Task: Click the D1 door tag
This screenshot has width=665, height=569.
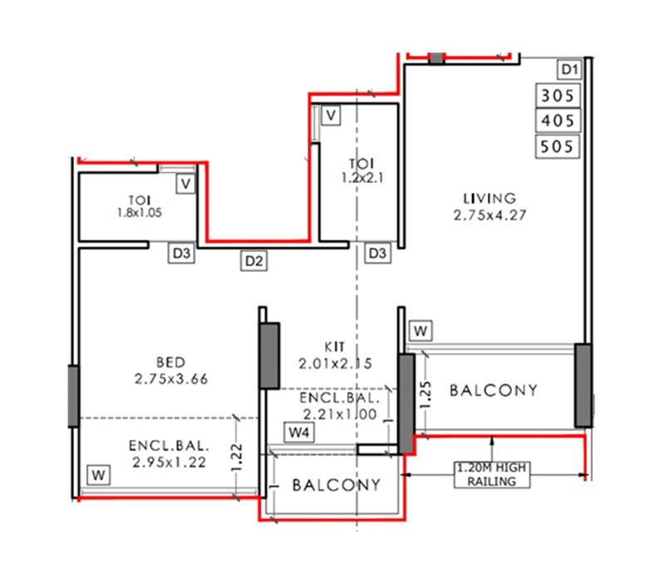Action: click(569, 69)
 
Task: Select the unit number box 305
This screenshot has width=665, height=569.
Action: click(557, 96)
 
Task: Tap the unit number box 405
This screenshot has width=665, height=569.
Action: click(557, 121)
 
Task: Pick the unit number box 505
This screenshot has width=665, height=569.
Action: click(557, 147)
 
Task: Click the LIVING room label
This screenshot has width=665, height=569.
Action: click(490, 198)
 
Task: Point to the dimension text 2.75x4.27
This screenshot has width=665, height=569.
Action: click(490, 215)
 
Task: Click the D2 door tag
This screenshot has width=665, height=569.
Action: click(254, 261)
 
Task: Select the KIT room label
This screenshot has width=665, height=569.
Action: click(336, 347)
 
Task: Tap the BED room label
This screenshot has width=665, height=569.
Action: click(170, 363)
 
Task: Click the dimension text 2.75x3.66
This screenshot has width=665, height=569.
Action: click(170, 379)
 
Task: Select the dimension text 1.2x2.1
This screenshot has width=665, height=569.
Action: click(362, 177)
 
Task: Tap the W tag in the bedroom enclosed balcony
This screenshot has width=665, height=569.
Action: click(99, 475)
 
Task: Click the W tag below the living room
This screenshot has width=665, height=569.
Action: click(421, 331)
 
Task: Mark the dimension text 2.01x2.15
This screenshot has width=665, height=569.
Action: click(336, 363)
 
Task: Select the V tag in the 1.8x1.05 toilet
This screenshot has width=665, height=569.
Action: click(186, 182)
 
